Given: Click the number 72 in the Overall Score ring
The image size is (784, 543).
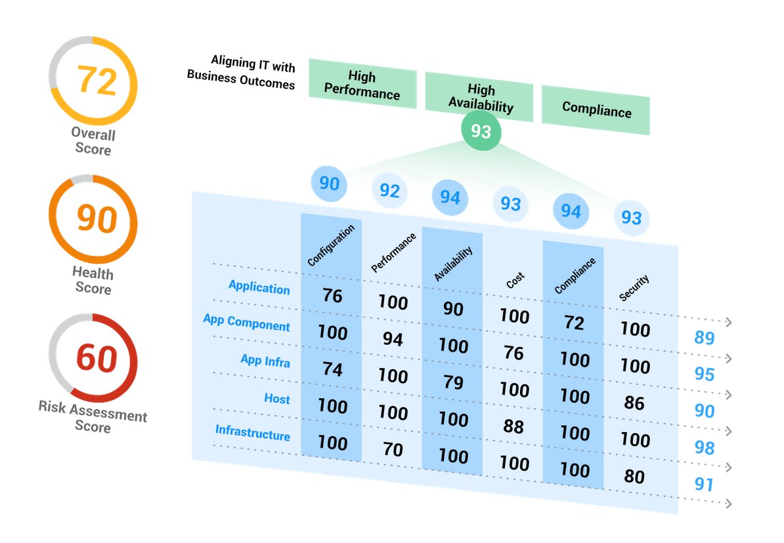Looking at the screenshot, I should tap(97, 80).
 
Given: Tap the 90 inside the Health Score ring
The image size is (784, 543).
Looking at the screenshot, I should tap(97, 218).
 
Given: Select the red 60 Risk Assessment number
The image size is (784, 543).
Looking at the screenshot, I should tap(97, 358).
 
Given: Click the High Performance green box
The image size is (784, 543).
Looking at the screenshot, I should tap(362, 85).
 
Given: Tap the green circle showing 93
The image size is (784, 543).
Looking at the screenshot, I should tap(481, 132).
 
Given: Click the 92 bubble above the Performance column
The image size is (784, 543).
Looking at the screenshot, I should tap(389, 191).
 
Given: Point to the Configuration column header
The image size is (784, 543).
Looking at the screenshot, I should tap(331, 245).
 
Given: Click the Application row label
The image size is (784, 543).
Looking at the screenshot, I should tap(259, 287).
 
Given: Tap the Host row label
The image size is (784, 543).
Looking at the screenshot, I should tap(276, 398).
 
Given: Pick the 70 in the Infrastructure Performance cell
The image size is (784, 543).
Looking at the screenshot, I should tap(393, 449).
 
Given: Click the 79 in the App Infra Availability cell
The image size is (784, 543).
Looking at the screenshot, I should tap(453, 382).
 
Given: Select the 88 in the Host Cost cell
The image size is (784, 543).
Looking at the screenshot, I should tap(513, 426).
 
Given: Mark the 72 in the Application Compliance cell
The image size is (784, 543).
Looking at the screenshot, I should tap(574, 322).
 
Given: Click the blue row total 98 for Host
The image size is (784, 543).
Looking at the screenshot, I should tap(704, 448).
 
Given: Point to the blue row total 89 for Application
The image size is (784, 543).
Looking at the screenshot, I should tap(704, 338).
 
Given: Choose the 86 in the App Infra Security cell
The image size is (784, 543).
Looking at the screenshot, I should tap(634, 402).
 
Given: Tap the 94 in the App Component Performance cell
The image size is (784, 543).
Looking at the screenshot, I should tap(393, 339).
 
